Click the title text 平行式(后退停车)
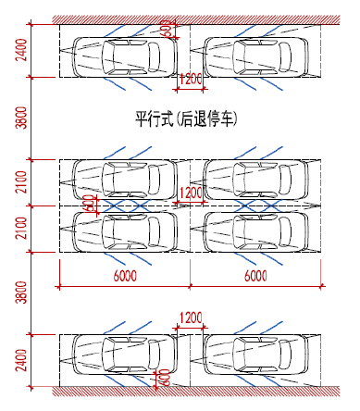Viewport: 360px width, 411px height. [x=186, y=118]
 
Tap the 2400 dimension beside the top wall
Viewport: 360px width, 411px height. [x=22, y=50]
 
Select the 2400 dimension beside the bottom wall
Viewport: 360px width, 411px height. [x=22, y=360]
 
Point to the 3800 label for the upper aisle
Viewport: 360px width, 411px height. [x=22, y=118]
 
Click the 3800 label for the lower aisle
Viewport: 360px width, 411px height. [x=22, y=293]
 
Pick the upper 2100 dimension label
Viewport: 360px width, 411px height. [x=22, y=182]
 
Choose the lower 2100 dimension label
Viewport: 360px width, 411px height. [x=22, y=229]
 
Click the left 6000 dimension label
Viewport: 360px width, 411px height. [x=125, y=276]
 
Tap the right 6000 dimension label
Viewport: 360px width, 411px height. [x=255, y=276]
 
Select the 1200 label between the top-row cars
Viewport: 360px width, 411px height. [x=191, y=79]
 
